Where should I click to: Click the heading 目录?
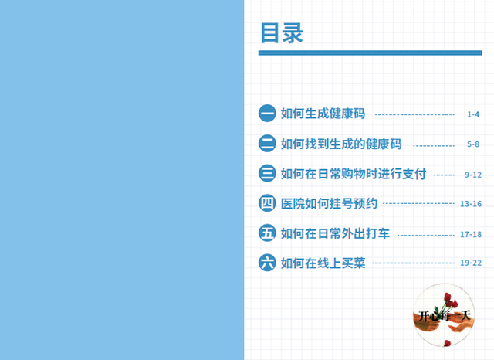[x=281, y=32]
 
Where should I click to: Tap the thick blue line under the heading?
[x=370, y=53]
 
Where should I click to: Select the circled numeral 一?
[x=267, y=113]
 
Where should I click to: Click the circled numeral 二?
[x=267, y=143]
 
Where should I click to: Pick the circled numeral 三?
[x=267, y=173]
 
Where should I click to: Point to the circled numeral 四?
[x=267, y=202]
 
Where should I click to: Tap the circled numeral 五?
[x=267, y=233]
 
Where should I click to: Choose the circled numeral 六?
[x=267, y=263]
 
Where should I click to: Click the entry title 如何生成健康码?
[x=323, y=114]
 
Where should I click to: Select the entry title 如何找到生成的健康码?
[x=341, y=144]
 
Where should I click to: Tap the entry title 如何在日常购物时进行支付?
[x=354, y=174]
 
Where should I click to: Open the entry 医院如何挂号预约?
[x=329, y=203]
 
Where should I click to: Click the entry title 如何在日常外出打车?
[x=335, y=233]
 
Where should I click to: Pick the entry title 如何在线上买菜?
[x=323, y=263]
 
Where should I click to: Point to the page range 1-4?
[x=473, y=114]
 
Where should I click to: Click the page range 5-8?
[x=473, y=144]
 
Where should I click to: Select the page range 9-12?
[x=473, y=175]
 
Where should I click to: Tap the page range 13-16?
[x=471, y=204]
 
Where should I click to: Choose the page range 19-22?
[x=471, y=263]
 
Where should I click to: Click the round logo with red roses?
[x=444, y=315]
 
